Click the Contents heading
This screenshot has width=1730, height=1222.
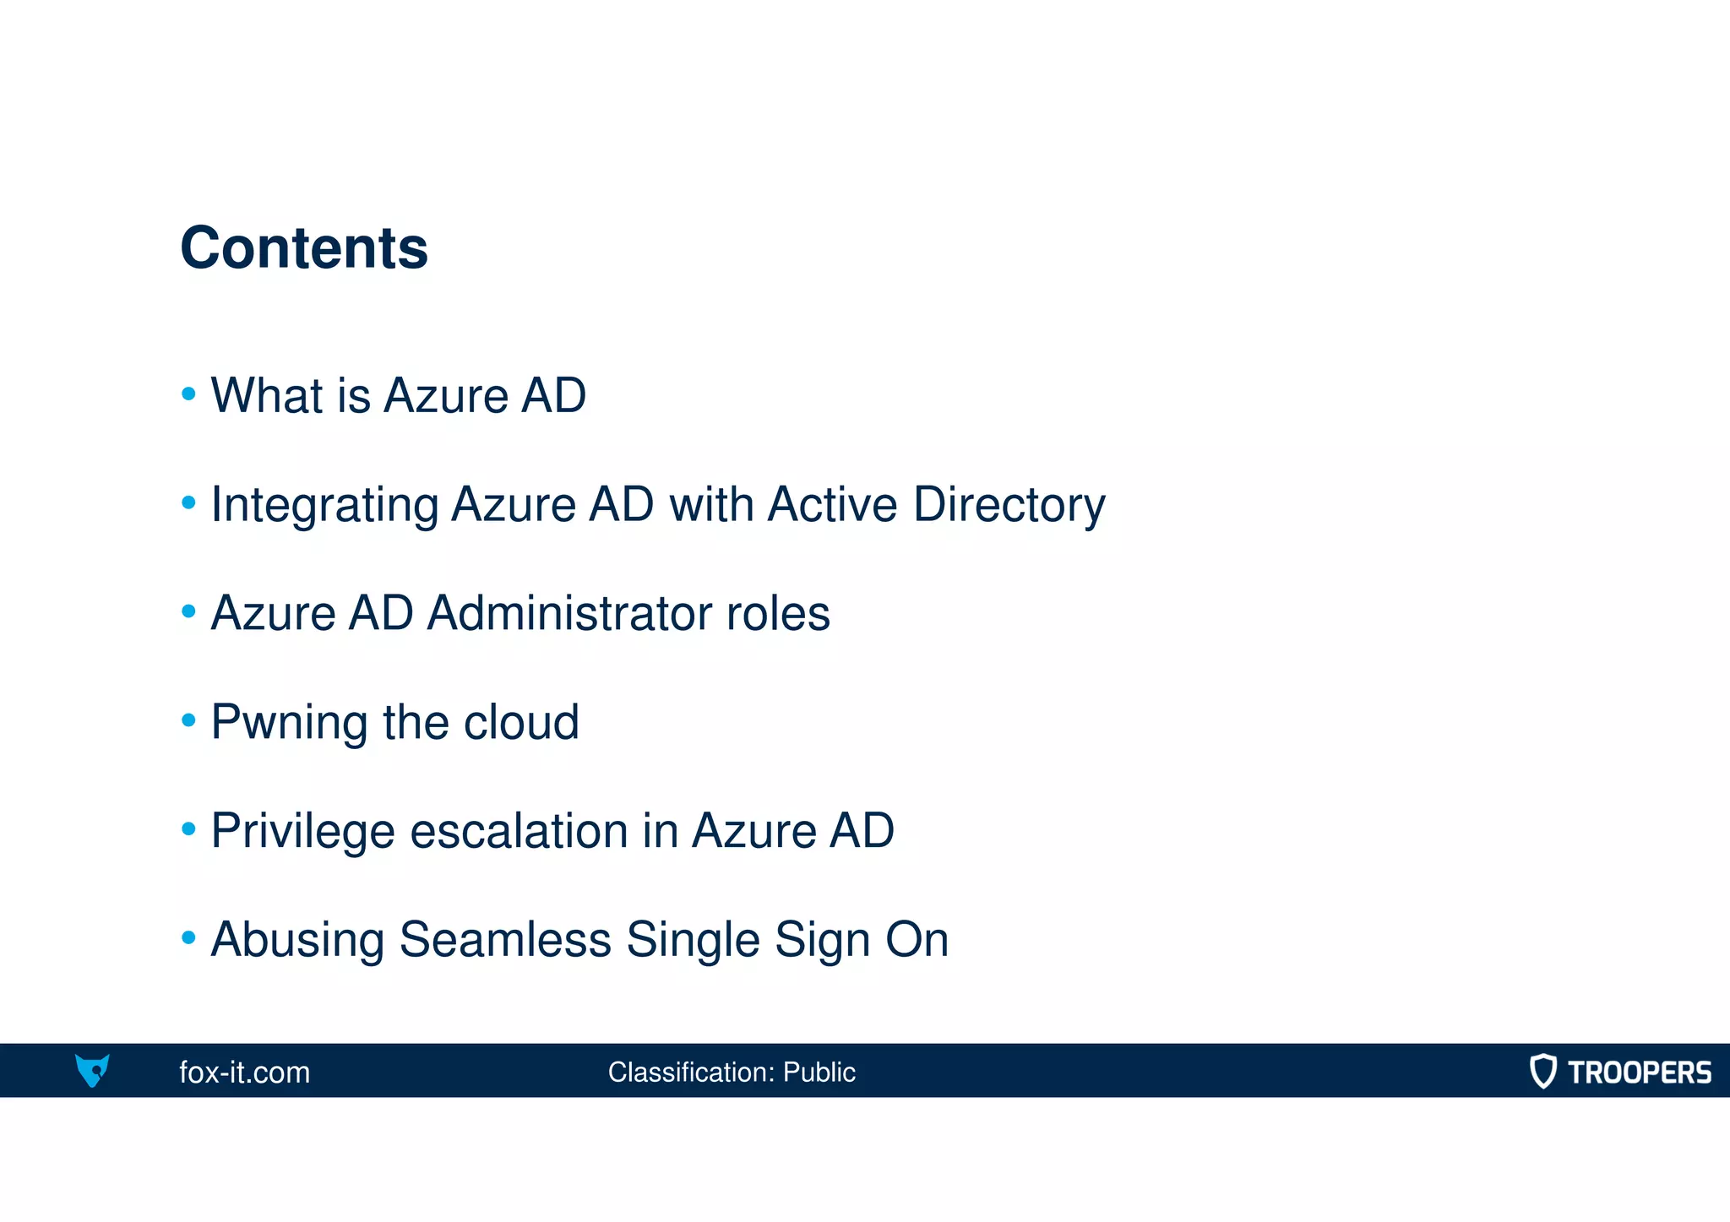tap(304, 248)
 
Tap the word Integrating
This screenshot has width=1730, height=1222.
tap(324, 506)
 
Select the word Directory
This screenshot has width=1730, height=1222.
tap(1009, 506)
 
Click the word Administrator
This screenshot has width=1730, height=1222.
tap(569, 613)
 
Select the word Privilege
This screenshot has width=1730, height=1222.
tap(302, 832)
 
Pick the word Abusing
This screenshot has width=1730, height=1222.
tap(297, 940)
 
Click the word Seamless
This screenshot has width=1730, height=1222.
tap(505, 940)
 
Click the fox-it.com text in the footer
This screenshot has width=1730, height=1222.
tap(245, 1073)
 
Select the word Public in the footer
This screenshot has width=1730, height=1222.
tap(819, 1073)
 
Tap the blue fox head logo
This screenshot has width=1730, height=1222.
tap(92, 1071)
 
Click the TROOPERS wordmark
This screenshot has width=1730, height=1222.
tap(1640, 1073)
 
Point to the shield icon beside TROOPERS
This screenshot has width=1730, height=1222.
tap(1542, 1071)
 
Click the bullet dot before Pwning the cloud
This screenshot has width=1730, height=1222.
tap(188, 720)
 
